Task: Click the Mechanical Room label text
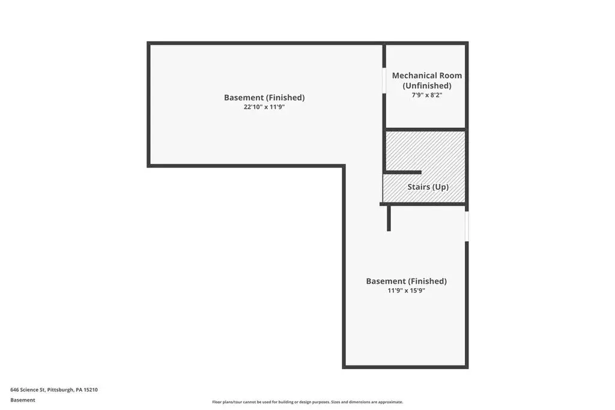click(427, 75)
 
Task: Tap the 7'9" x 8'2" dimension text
click(427, 95)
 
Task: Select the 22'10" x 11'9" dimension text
click(264, 107)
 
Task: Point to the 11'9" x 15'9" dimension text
click(407, 291)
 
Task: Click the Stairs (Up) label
click(428, 187)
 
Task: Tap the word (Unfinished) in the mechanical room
click(427, 85)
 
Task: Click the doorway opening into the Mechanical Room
click(384, 81)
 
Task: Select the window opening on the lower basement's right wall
click(467, 226)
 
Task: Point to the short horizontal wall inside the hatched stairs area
click(403, 172)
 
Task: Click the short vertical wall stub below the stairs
click(389, 219)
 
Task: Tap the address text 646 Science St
click(28, 390)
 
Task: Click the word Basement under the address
click(23, 400)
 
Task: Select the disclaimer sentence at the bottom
click(307, 402)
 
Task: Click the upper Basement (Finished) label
click(264, 97)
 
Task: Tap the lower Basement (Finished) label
click(407, 281)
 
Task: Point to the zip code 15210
click(91, 390)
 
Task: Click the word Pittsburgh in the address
click(61, 390)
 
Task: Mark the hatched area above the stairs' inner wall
click(426, 151)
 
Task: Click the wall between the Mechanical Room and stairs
click(426, 129)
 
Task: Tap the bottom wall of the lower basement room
click(405, 367)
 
